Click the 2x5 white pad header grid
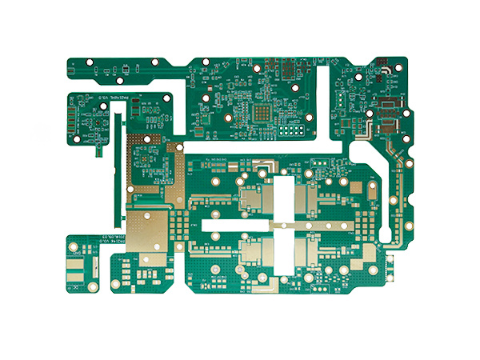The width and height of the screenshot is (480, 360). pos(290,130)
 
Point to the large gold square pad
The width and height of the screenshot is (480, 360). pos(149,231)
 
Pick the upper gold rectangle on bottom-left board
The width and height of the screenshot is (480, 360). pos(76,263)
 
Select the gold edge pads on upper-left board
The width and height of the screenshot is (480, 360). pos(73,120)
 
